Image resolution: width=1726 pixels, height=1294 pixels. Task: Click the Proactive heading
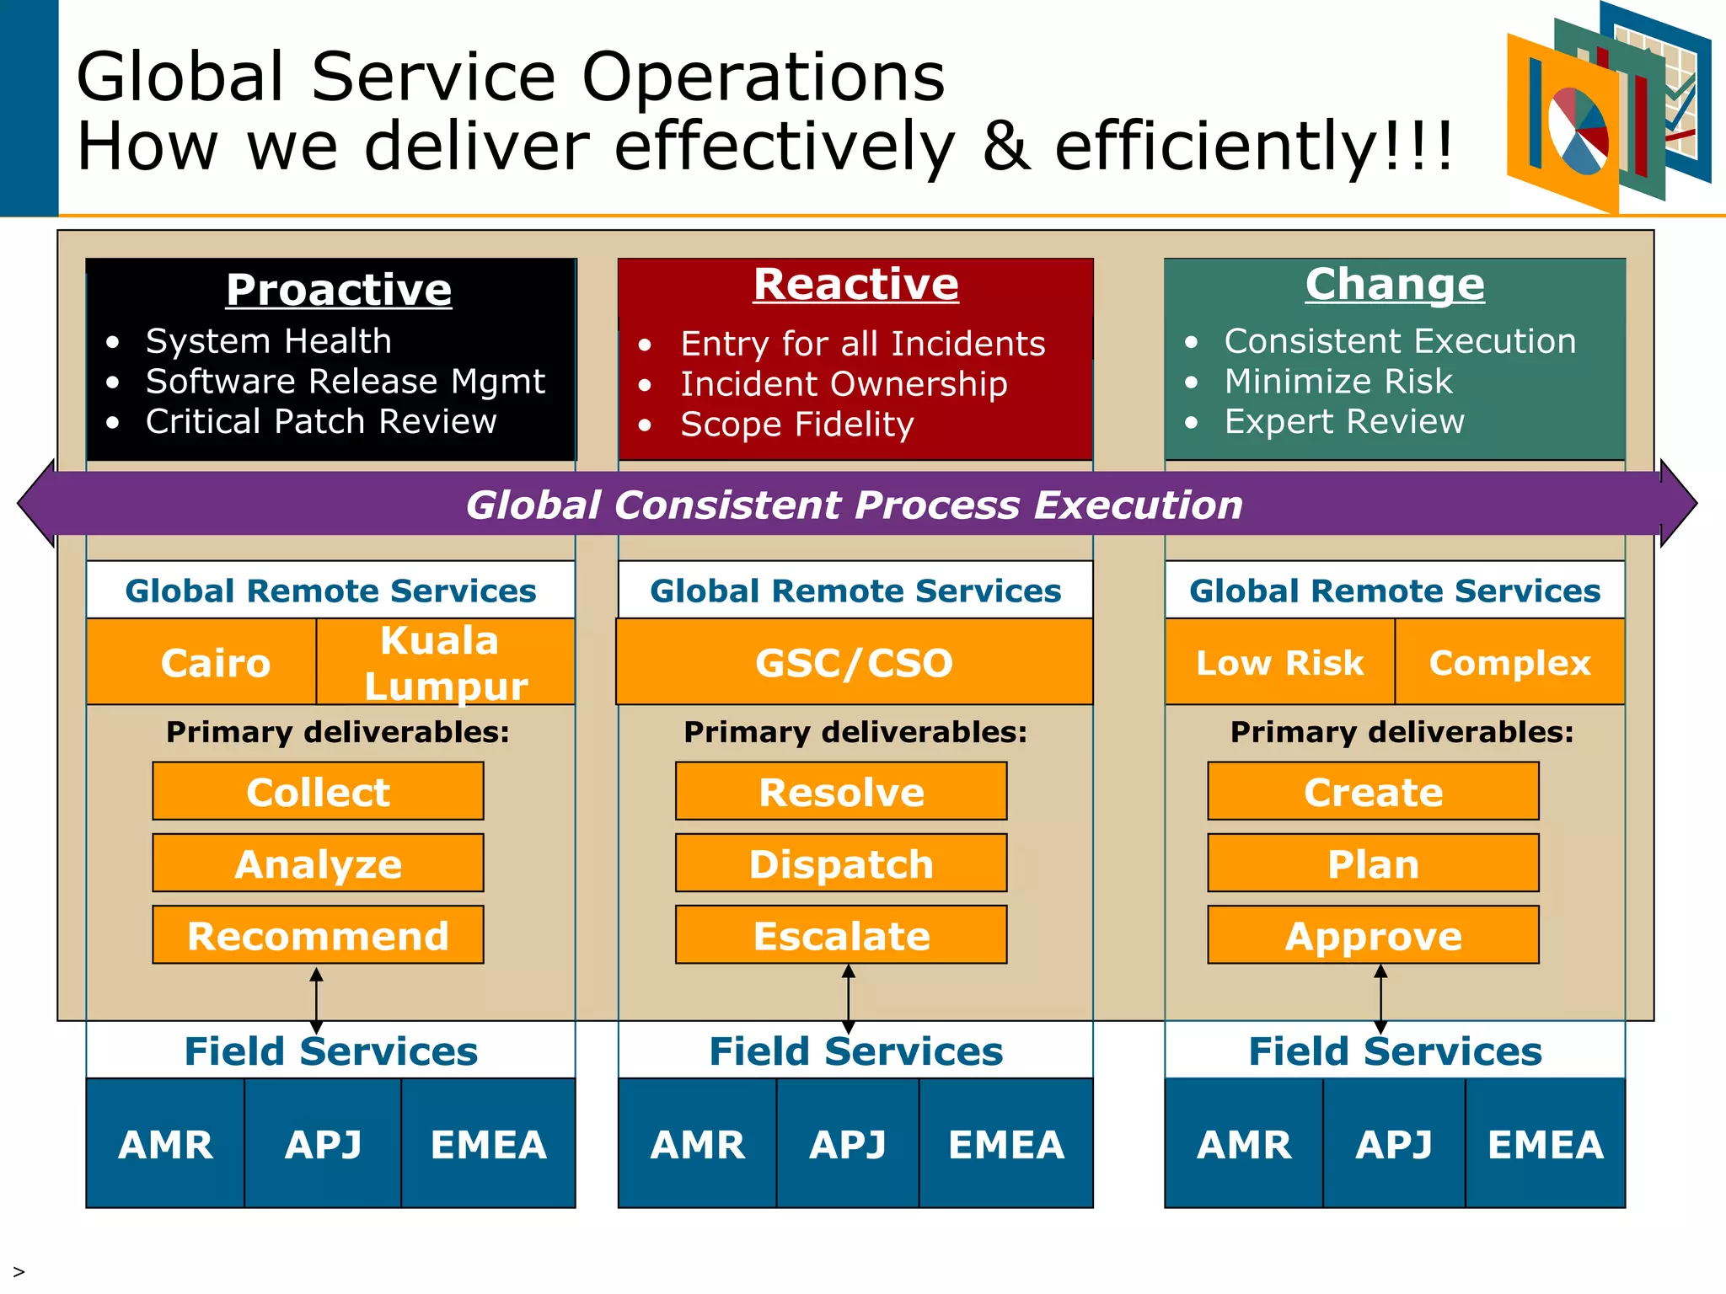point(339,290)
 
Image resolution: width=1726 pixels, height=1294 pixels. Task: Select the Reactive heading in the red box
point(855,284)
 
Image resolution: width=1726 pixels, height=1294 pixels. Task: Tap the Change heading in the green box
point(1395,284)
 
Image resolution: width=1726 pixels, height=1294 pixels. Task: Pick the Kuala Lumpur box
point(446,662)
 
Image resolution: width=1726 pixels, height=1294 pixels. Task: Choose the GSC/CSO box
point(854,662)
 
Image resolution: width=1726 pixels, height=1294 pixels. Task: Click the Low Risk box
point(1279,662)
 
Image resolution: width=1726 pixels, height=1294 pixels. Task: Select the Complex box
point(1509,662)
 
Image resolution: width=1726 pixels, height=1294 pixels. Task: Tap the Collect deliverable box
point(318,791)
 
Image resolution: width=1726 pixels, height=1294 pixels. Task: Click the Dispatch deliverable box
point(841,864)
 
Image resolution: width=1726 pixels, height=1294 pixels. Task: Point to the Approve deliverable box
point(1373,935)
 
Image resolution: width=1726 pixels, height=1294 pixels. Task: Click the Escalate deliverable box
point(841,935)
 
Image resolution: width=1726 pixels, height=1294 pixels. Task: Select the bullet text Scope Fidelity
point(796,424)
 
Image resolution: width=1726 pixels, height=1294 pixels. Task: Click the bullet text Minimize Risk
point(1338,381)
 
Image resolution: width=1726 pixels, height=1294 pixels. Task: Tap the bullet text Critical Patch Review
point(321,421)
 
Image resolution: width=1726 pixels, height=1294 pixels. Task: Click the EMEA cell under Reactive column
point(1005,1144)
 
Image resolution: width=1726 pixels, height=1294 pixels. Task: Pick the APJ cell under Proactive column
point(323,1144)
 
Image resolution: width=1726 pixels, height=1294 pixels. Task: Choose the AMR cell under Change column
point(1243,1144)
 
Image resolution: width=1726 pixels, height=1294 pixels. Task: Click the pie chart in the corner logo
point(1578,131)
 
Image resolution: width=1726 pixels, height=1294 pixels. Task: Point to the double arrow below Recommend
point(316,1000)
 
